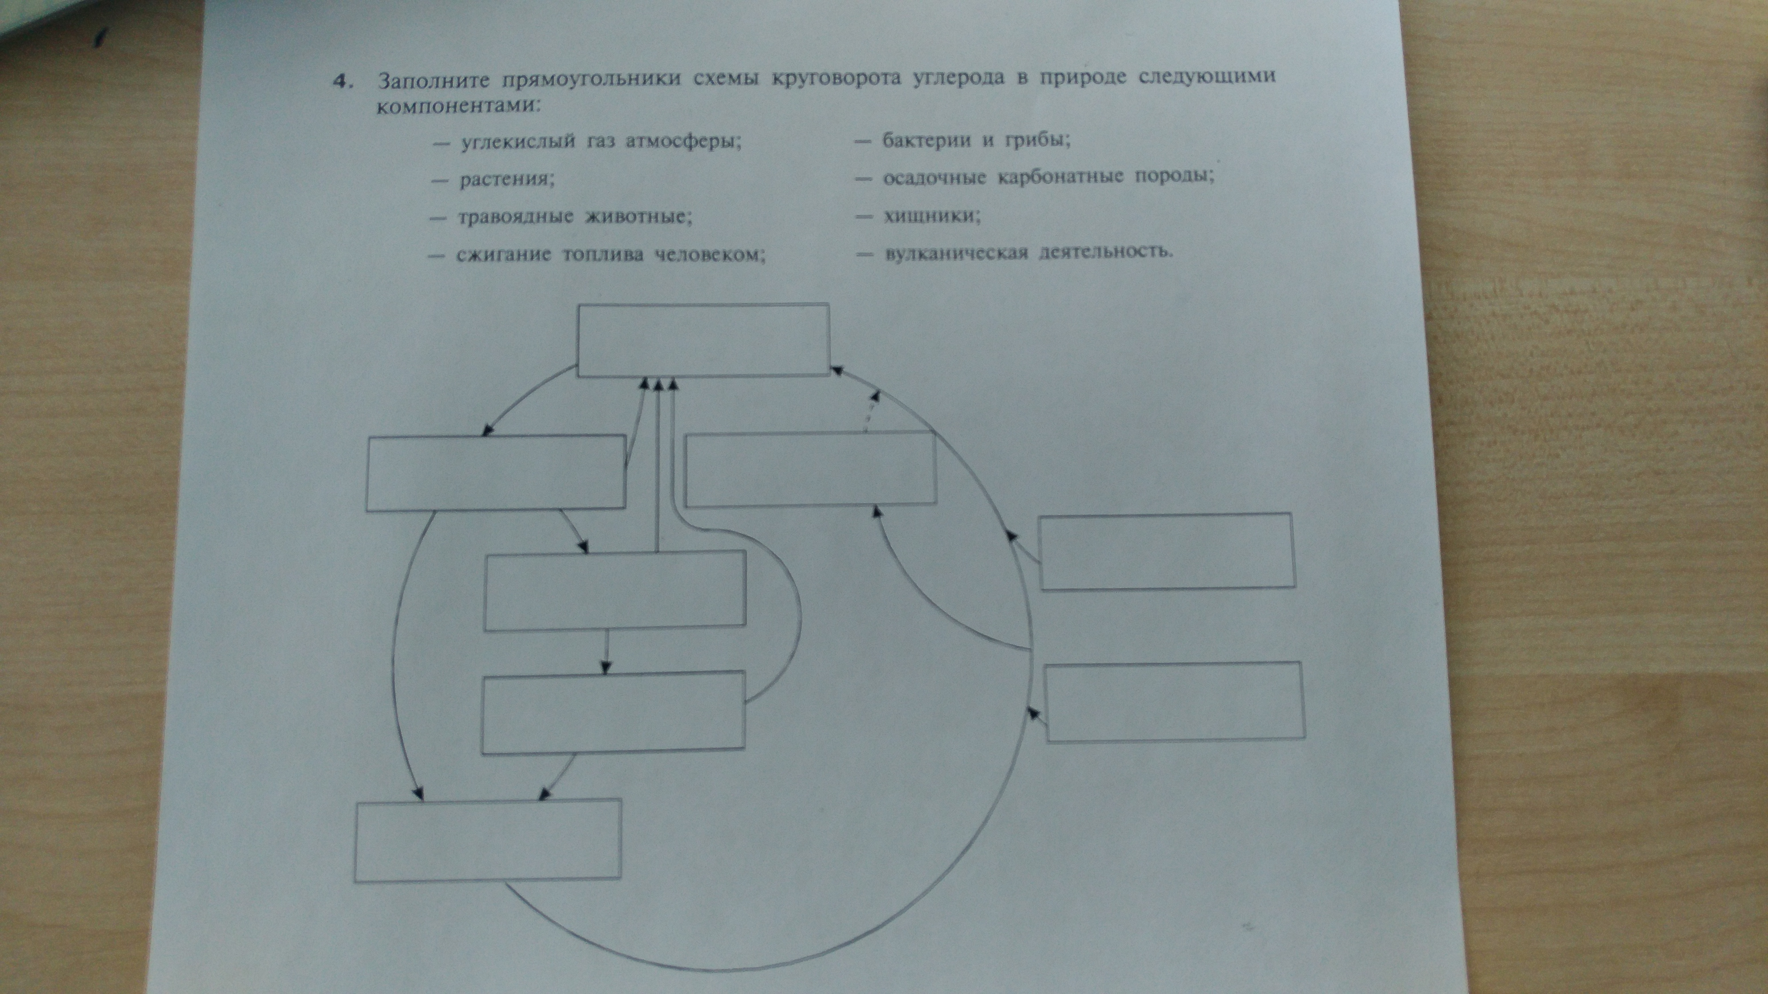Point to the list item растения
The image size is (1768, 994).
tap(507, 180)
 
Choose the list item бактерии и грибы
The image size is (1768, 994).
tap(976, 140)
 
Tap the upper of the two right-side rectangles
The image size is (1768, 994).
tap(1167, 551)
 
